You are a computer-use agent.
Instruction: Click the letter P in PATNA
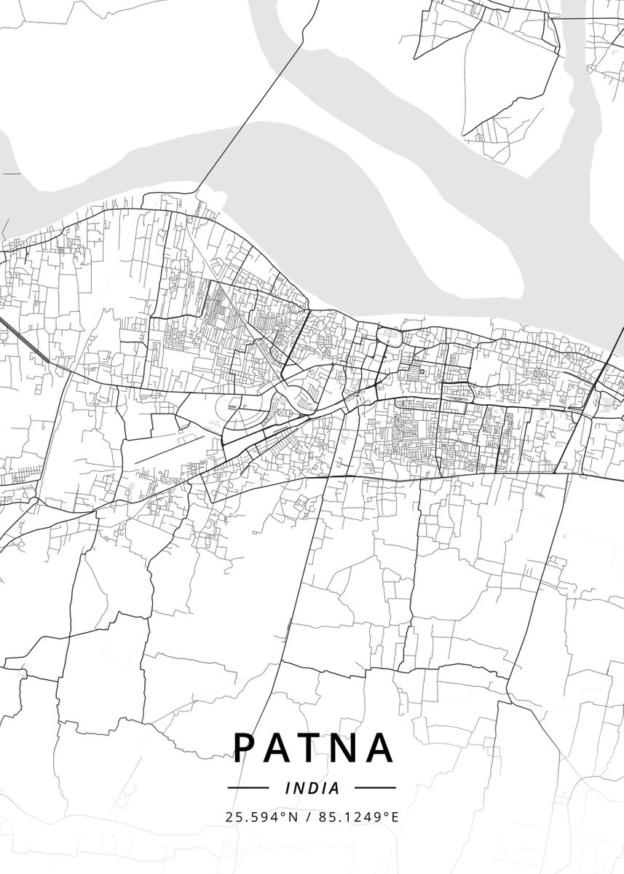(246, 747)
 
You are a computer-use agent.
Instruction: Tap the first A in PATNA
(280, 747)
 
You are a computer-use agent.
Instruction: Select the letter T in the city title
(312, 747)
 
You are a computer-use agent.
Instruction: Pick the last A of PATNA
(380, 747)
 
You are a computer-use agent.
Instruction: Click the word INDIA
(312, 788)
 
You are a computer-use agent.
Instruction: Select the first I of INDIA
(288, 788)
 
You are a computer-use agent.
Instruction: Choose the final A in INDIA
(335, 788)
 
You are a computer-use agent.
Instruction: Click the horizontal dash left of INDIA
(248, 788)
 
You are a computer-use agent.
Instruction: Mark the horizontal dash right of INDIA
(375, 788)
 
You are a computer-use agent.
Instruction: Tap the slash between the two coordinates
(308, 817)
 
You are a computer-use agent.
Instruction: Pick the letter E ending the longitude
(395, 817)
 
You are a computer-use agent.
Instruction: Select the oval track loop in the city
(245, 415)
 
